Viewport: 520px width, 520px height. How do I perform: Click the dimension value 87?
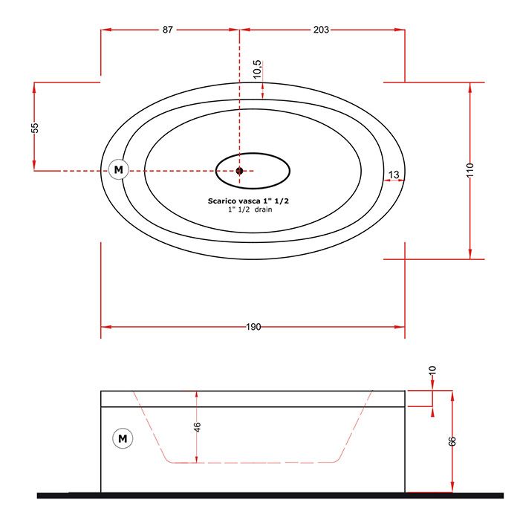[x=167, y=30]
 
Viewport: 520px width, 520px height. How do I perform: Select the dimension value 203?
[x=321, y=30]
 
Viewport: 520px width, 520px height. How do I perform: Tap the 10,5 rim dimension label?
[x=257, y=69]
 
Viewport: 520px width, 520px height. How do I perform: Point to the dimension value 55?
[x=35, y=128]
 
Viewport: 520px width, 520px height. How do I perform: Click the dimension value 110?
[x=470, y=170]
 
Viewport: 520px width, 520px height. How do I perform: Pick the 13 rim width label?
[x=394, y=175]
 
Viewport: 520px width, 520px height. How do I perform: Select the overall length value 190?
[x=253, y=327]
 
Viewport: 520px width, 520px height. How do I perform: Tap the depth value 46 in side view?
[x=197, y=427]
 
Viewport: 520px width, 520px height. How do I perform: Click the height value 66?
[x=452, y=441]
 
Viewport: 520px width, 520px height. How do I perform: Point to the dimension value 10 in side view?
[x=432, y=371]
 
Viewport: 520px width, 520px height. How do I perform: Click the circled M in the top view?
[x=118, y=170]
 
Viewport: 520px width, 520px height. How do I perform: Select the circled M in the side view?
[x=123, y=438]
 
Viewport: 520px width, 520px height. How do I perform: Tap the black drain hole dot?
[x=239, y=171]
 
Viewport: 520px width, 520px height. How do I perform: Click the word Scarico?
[x=222, y=201]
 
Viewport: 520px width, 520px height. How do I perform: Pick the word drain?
[x=263, y=209]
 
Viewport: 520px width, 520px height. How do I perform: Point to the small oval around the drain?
[x=253, y=154]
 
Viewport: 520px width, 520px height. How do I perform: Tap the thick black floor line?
[x=270, y=495]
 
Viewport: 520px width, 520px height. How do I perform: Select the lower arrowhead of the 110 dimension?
[x=470, y=255]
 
